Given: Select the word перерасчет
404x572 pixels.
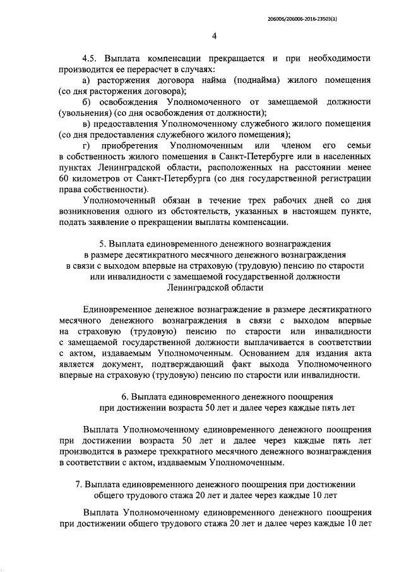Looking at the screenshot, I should coord(150,69).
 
